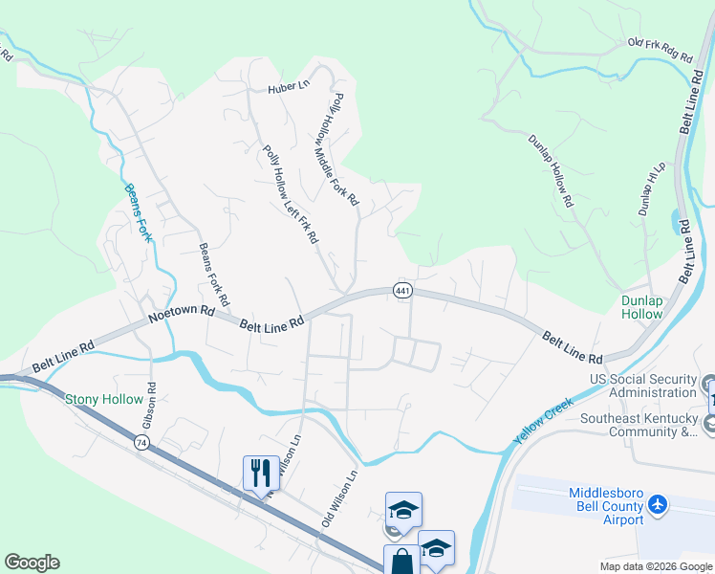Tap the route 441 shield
(401, 291)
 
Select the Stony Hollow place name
(104, 399)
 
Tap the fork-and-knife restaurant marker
(261, 472)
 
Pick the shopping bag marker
(401, 560)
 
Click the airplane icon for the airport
(657, 503)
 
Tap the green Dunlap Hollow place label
(641, 307)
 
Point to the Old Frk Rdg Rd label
(660, 51)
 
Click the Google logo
(32, 563)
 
